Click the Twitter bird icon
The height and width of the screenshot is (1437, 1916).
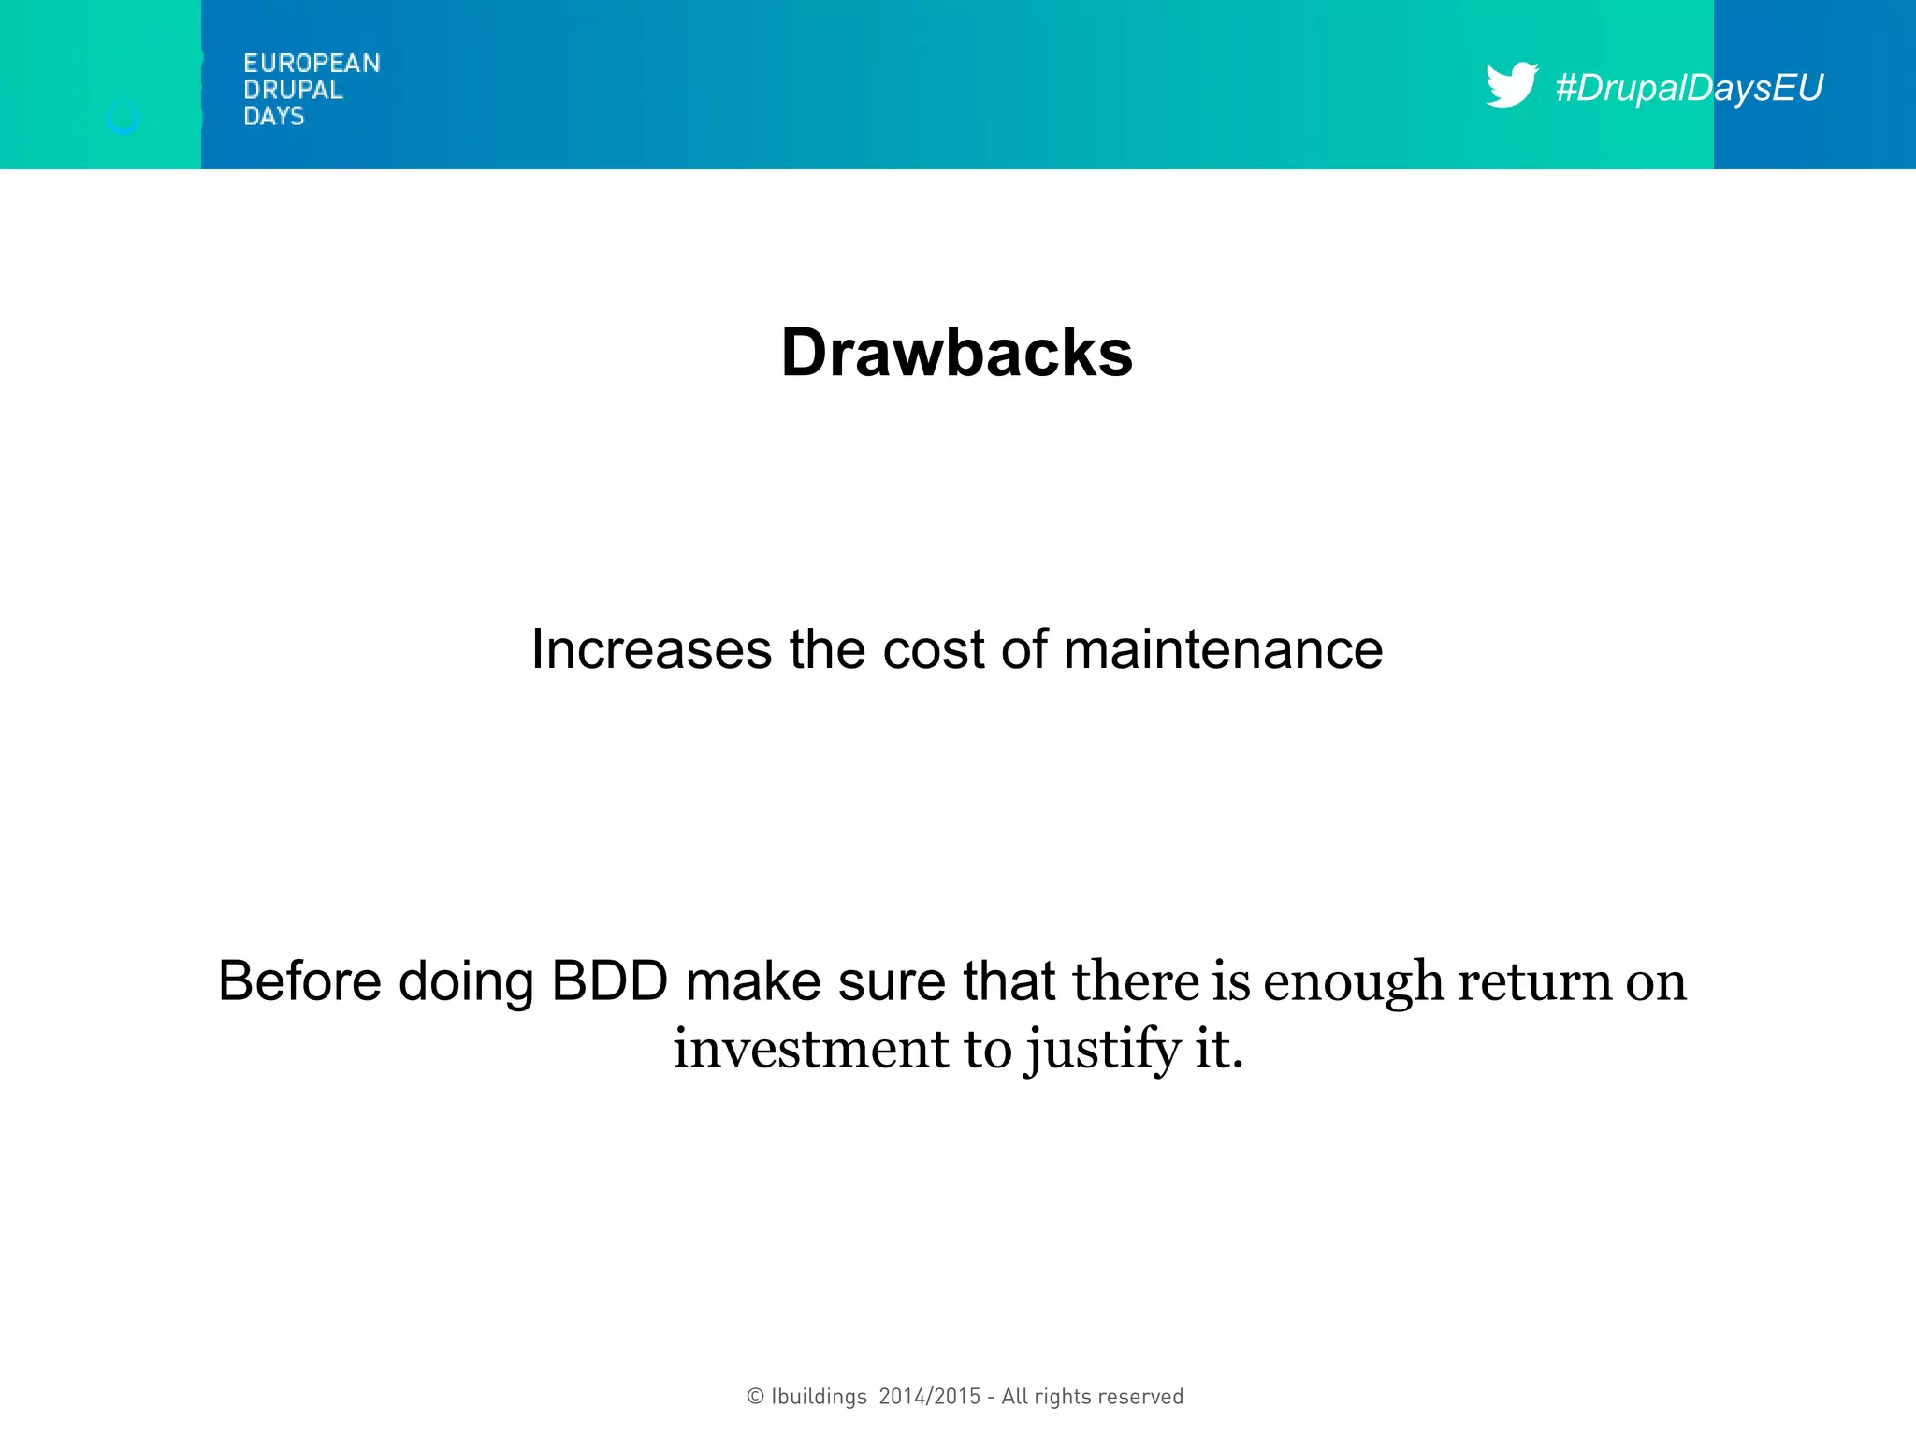[x=1511, y=85]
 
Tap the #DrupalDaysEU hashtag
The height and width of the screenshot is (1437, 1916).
[x=1689, y=88]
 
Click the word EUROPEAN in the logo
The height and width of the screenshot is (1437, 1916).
[x=312, y=64]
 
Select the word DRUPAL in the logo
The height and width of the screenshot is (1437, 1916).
[x=293, y=90]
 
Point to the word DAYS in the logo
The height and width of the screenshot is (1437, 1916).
[x=273, y=116]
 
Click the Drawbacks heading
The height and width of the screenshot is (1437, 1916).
[x=957, y=353]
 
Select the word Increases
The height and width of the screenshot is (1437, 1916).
[x=651, y=649]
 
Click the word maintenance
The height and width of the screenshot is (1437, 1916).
[x=1223, y=649]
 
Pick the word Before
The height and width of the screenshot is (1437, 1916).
[x=299, y=981]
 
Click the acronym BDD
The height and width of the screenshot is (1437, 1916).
[x=609, y=981]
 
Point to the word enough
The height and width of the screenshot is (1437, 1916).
[x=1354, y=983]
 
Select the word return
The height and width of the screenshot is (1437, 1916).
[x=1534, y=981]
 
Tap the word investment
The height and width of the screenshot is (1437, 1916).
[x=810, y=1049]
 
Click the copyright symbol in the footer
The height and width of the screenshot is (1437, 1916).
[x=755, y=1397]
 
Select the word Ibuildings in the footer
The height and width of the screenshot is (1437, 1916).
[x=819, y=1397]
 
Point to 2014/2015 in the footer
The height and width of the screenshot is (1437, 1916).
[x=930, y=1397]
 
